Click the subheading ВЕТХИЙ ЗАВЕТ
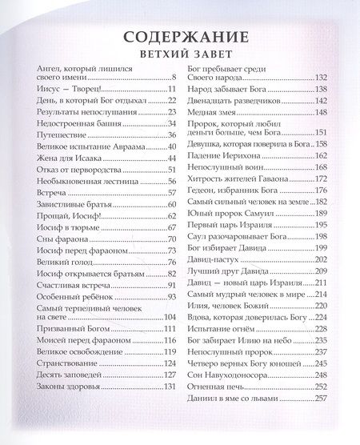180,56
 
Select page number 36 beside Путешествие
170,136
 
